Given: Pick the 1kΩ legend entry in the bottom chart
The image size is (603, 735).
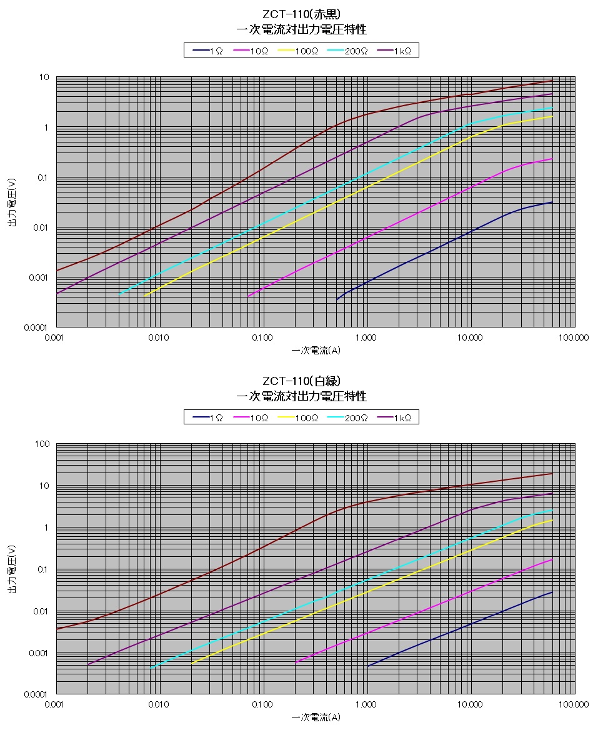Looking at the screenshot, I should coord(395,417).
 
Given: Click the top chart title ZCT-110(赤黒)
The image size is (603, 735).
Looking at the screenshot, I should coord(301,14).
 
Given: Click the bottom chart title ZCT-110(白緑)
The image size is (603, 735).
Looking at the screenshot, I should coord(301,381).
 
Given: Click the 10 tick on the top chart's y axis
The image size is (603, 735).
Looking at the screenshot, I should coord(44,77).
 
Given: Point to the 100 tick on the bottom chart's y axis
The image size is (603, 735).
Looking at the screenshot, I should coord(42,444).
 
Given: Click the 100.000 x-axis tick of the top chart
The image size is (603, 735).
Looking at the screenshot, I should coord(573,338).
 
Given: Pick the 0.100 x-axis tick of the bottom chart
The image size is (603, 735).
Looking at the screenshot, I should coord(262,705).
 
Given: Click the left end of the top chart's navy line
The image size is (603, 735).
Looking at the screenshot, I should coord(337,300).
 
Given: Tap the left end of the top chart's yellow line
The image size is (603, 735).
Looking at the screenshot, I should coord(144,296).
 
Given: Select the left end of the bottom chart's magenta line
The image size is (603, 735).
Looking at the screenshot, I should coord(296,662).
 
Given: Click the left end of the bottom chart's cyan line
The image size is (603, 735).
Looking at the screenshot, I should coord(151,668).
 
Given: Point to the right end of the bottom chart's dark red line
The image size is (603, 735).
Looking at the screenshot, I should coord(552,473).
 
